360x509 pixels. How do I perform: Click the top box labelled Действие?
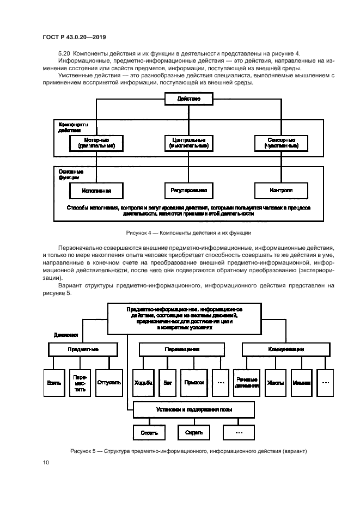coord(188,99)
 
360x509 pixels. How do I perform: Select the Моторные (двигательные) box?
coord(96,143)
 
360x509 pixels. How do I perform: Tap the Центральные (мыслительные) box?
coord(188,143)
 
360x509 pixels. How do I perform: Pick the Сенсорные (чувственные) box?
coord(281,143)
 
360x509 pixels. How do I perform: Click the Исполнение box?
coord(96,191)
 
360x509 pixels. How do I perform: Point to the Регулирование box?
coord(188,191)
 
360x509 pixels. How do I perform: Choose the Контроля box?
coord(281,191)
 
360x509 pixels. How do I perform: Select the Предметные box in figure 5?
coord(83,349)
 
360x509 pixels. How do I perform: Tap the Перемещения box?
coord(182,349)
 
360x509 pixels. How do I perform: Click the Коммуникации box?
coord(285,349)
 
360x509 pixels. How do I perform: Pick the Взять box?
coord(54,383)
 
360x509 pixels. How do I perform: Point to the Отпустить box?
coord(108,383)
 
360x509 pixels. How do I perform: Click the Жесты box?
coord(276,383)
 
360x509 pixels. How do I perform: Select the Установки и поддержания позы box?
coord(193,409)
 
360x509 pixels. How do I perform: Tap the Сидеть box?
coord(193,433)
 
